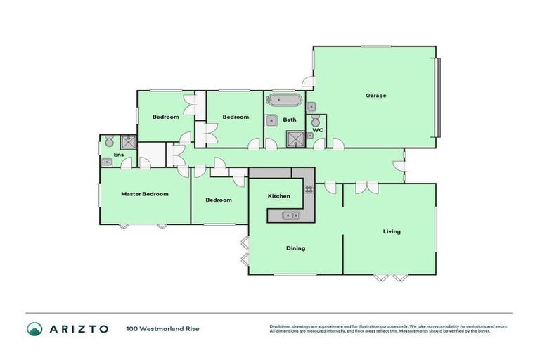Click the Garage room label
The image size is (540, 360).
click(375, 96)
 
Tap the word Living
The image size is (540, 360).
click(392, 231)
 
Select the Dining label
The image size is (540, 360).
click(295, 247)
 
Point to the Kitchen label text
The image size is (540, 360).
click(279, 196)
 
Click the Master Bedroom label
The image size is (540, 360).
click(145, 194)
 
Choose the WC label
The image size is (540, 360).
click(318, 130)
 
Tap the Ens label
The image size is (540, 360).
click(110, 154)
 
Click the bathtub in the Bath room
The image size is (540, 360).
click(283, 99)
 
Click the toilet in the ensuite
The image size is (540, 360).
click(109, 142)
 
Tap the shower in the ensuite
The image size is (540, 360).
click(129, 141)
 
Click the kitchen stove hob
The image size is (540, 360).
click(308, 189)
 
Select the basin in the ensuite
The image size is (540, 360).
click(106, 162)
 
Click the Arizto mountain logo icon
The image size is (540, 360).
click(34, 328)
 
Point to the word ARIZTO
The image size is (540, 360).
click(78, 328)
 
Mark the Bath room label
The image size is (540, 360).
click(290, 120)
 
